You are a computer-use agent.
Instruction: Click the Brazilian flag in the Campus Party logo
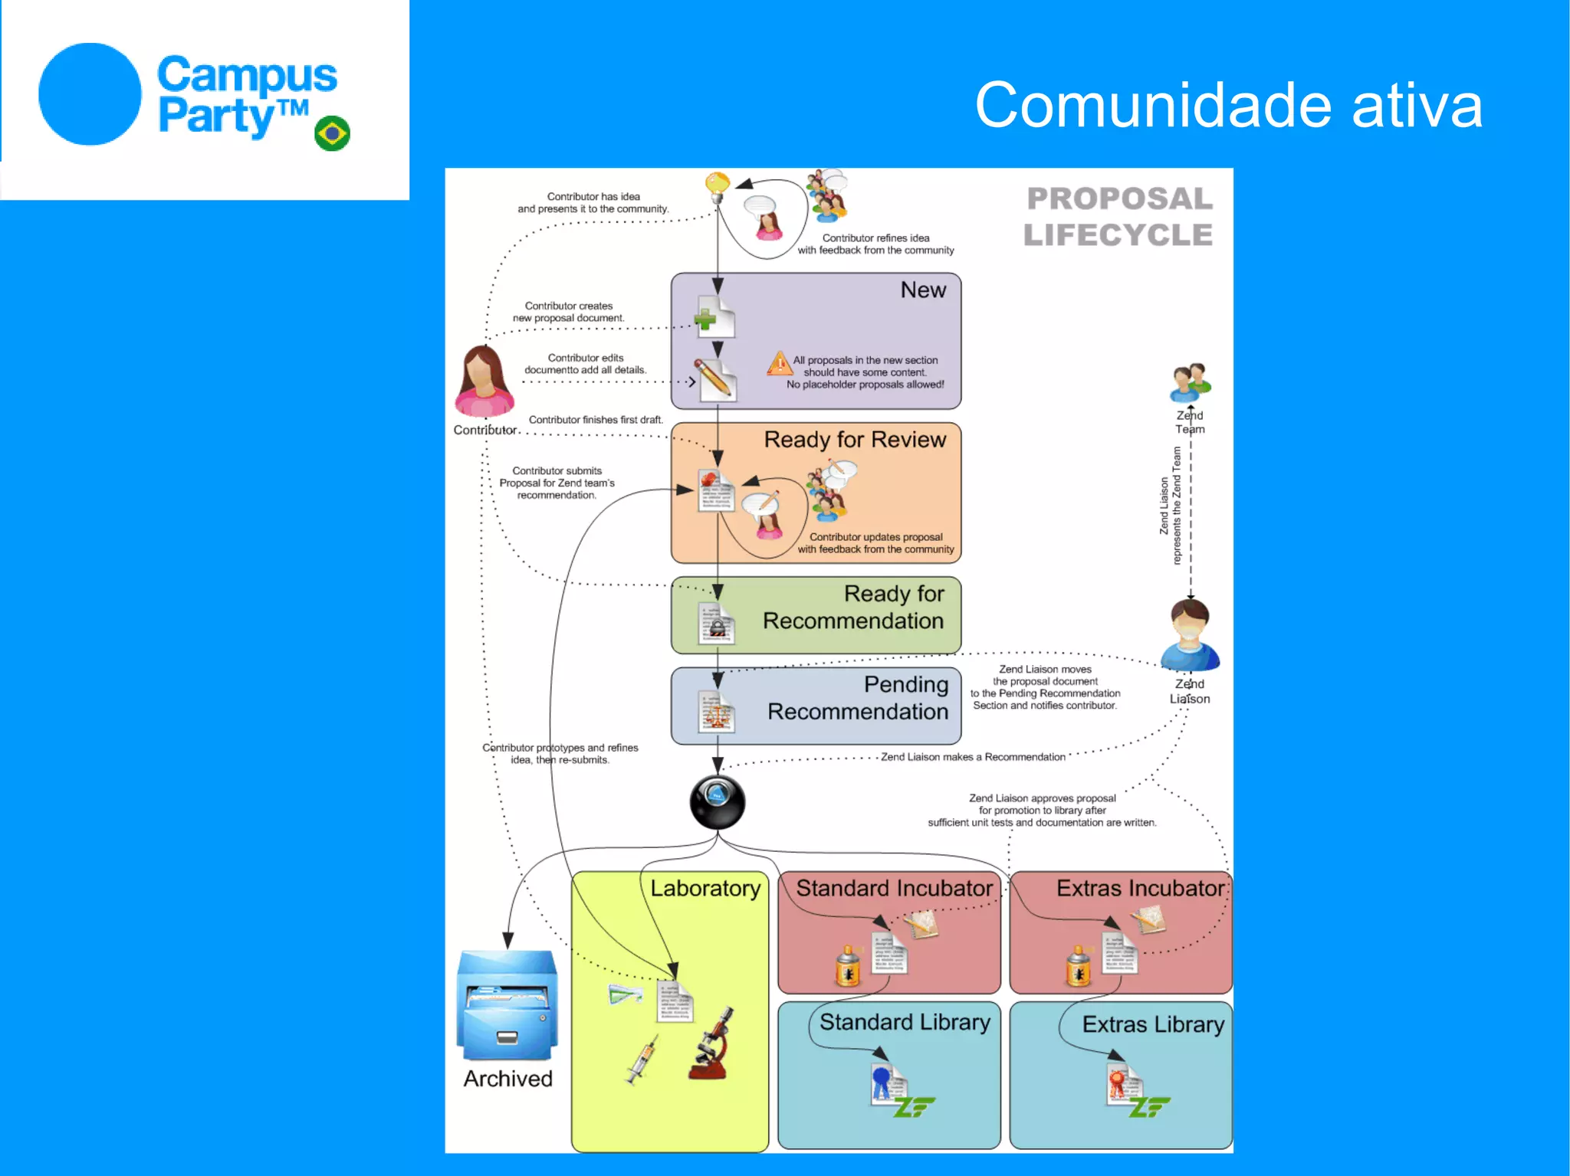(332, 134)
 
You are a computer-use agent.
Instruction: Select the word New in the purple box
(923, 290)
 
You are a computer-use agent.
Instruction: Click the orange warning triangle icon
(779, 362)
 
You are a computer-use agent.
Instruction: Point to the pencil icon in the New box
(715, 378)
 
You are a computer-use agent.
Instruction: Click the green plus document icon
(714, 318)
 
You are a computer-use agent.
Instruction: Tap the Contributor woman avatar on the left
(484, 381)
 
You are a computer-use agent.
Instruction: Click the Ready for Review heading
(855, 440)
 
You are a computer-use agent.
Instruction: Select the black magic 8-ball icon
(717, 802)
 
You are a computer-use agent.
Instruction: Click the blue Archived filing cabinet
(507, 1004)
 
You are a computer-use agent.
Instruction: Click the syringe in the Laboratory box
(642, 1060)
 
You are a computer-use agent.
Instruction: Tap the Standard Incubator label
(894, 889)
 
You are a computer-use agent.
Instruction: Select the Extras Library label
(1153, 1025)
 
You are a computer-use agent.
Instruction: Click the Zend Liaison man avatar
(1190, 636)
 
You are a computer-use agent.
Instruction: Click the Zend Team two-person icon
(1189, 382)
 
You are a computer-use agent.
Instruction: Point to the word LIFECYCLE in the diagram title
(1118, 235)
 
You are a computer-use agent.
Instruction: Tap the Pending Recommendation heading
(859, 698)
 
